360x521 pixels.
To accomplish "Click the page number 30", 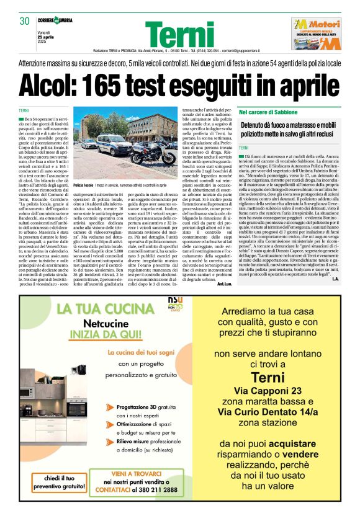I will pyautogui.click(x=25, y=21).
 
